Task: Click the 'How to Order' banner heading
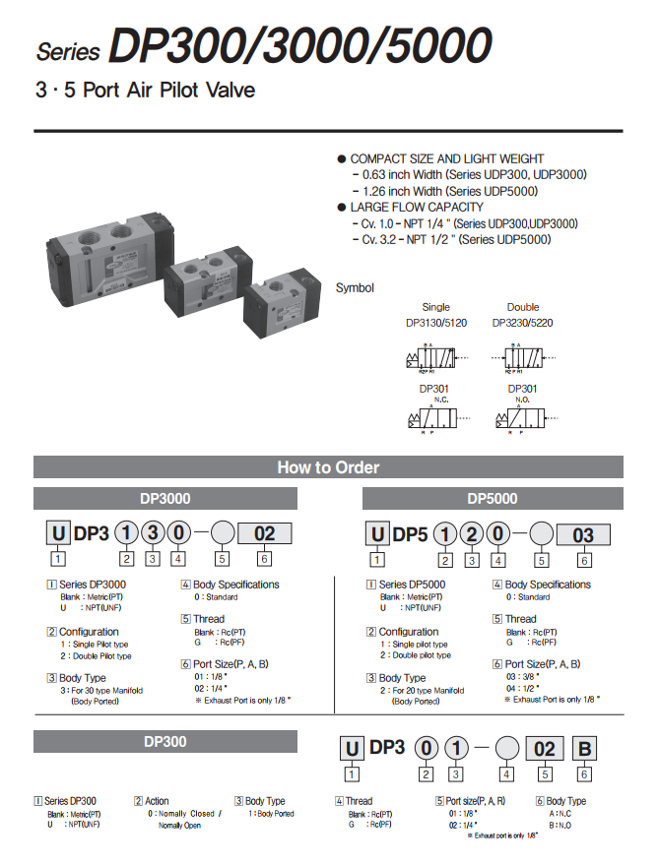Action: tap(328, 467)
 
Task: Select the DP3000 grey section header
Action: tap(165, 499)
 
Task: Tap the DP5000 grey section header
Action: tap(492, 499)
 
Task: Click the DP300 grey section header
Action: tap(165, 741)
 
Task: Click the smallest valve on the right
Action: tap(283, 296)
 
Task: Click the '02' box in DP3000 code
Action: tap(265, 534)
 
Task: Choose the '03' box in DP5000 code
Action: tap(583, 535)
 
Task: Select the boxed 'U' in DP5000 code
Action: tap(377, 535)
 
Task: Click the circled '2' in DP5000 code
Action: tap(473, 535)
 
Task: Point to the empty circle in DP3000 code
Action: tap(222, 534)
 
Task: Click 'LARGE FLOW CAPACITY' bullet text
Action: tap(416, 207)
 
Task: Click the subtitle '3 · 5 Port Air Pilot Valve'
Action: tap(145, 91)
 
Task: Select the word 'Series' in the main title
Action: tap(69, 51)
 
